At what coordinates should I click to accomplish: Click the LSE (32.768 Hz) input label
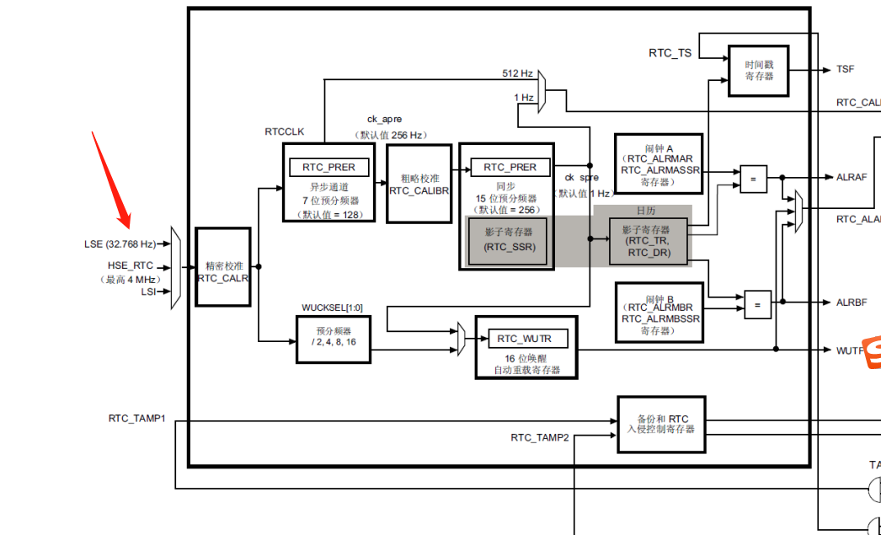(120, 244)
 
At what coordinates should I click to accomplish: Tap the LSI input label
(147, 292)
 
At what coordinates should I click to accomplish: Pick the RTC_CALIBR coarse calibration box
(419, 184)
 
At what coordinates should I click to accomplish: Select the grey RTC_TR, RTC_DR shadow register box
(649, 241)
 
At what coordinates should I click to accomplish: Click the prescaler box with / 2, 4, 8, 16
(334, 339)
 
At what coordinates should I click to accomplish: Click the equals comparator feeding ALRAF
(753, 178)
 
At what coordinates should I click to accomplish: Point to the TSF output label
(846, 70)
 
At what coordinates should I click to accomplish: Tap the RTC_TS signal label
(670, 53)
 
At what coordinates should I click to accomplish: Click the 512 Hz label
(517, 73)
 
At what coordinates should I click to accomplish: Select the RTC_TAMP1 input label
(136, 418)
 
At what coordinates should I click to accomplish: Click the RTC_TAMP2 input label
(539, 437)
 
